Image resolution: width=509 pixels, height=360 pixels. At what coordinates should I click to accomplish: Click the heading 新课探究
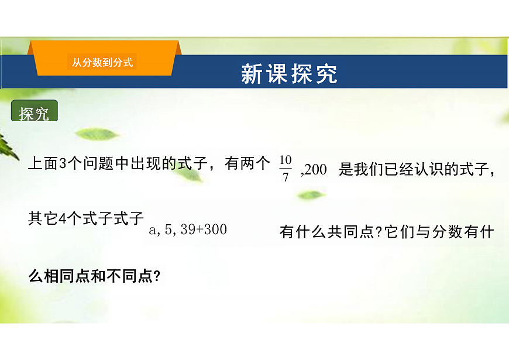tap(289, 74)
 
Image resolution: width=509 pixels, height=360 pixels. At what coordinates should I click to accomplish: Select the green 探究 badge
tap(34, 113)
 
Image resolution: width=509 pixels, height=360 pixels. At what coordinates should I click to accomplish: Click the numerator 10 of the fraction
tap(285, 160)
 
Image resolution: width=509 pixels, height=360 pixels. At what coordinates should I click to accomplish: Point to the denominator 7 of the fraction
tap(286, 177)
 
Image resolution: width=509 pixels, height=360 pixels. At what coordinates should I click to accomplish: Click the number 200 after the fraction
tap(316, 170)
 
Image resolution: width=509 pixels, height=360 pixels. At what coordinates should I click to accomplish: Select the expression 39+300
tap(204, 230)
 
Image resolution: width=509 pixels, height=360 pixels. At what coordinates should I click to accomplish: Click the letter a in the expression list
tap(154, 231)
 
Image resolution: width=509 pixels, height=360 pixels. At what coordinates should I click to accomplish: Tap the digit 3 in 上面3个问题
tap(64, 164)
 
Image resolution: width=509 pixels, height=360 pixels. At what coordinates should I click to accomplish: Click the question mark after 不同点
tap(157, 276)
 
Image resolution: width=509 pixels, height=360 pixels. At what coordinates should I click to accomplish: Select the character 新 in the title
tap(251, 74)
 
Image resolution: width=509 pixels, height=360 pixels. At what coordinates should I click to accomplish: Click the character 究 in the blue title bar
tap(328, 74)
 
